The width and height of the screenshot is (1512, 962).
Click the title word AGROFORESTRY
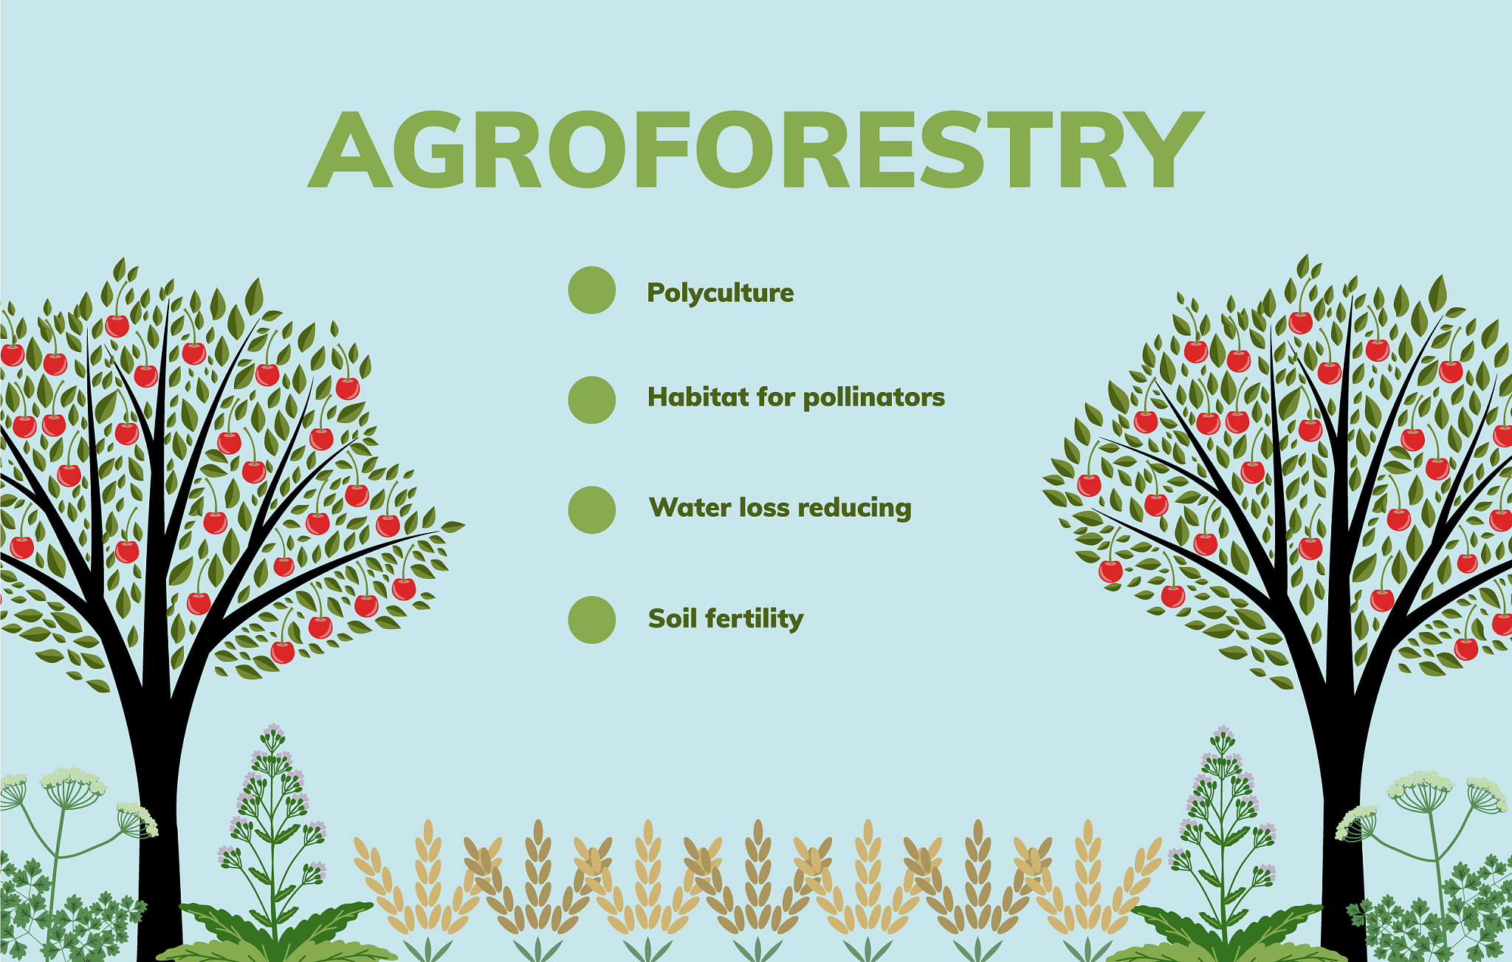click(x=756, y=149)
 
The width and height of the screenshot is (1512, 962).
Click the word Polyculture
click(x=721, y=293)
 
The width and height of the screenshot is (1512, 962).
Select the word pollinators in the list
click(x=873, y=397)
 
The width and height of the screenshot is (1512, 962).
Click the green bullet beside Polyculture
click(x=591, y=290)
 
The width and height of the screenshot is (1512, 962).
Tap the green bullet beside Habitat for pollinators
click(x=591, y=400)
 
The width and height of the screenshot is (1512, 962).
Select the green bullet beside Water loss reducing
click(x=591, y=510)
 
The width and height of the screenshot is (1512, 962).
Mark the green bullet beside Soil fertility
click(x=591, y=620)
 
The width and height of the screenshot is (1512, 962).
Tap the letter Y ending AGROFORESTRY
click(x=1166, y=150)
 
